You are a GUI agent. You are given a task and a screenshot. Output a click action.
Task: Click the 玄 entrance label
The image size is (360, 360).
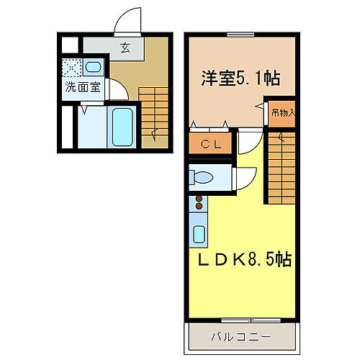(x=125, y=50)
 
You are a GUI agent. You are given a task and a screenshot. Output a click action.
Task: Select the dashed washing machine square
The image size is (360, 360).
(x=72, y=69)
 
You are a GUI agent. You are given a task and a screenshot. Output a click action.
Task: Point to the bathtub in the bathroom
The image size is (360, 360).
(x=122, y=127)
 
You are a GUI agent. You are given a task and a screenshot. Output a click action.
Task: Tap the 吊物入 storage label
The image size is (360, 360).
(x=282, y=112)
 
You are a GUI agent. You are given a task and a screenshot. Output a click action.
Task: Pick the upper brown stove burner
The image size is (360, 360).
(x=198, y=197)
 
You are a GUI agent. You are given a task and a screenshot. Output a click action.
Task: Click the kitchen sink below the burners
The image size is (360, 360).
(x=199, y=233)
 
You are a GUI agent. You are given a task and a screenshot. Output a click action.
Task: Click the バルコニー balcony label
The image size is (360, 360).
(x=242, y=336)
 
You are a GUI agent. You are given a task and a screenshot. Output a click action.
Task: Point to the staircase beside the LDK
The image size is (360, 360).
(x=282, y=169)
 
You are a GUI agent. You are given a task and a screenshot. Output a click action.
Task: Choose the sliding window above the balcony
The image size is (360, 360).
(x=242, y=319)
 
